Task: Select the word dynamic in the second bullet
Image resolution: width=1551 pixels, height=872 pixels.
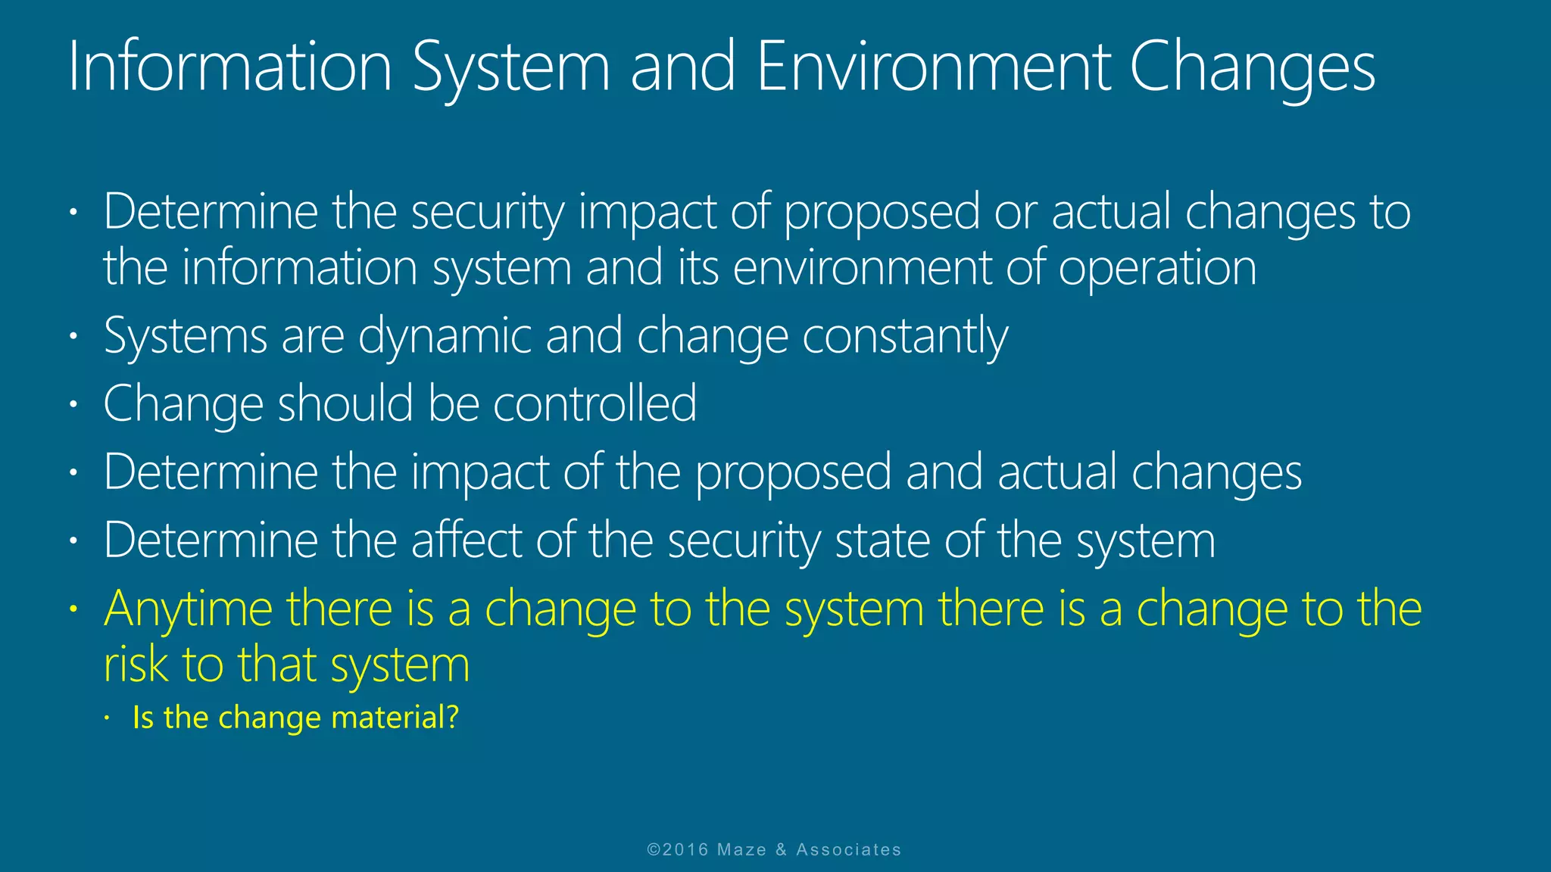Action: (x=444, y=338)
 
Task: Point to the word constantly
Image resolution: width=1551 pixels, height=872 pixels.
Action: (x=905, y=338)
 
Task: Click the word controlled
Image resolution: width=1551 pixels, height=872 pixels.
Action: (x=594, y=403)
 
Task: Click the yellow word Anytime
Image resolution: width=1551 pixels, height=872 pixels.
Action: (x=188, y=610)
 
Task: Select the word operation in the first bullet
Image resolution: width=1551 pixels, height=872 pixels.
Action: (x=1157, y=268)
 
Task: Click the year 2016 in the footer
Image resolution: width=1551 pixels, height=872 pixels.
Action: (x=685, y=850)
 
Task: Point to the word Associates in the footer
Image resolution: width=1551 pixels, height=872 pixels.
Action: (x=848, y=850)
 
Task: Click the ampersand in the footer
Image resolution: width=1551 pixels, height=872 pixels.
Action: (x=781, y=850)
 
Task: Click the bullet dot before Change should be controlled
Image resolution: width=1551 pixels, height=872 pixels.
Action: (x=73, y=404)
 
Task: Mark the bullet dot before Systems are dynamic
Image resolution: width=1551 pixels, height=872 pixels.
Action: (x=73, y=336)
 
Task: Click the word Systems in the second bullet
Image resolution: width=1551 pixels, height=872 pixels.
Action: (x=186, y=338)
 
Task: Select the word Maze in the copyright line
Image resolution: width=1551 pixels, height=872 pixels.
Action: (x=741, y=850)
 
